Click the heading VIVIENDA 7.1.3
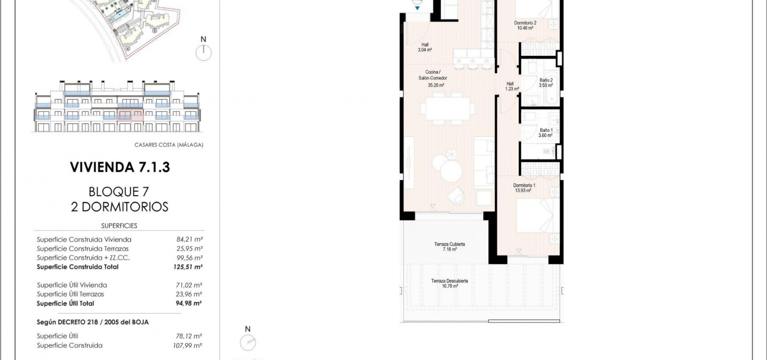tap(120, 167)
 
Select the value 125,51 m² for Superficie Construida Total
tap(188, 267)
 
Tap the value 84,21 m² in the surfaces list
tap(189, 239)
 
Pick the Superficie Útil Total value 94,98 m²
tap(188, 303)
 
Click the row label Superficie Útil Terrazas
tap(70, 294)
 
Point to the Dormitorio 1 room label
tap(524, 188)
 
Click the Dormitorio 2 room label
tap(525, 26)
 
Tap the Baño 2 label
tap(546, 83)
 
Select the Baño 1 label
tap(546, 133)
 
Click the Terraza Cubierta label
tap(450, 247)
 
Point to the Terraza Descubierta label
tap(450, 283)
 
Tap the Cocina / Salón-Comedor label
tap(433, 79)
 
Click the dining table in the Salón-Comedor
tap(447, 108)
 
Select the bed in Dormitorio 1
tap(537, 216)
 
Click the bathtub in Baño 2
tap(552, 88)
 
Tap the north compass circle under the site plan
tap(204, 53)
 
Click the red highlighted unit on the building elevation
tap(130, 115)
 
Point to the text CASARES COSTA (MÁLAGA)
tap(169, 145)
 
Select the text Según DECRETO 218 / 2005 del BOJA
tap(92, 322)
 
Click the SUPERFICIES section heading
tap(119, 226)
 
